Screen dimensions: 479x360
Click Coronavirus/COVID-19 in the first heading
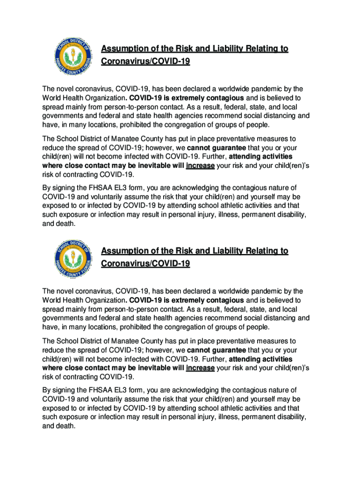click(145, 61)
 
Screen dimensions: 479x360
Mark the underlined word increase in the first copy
click(200, 166)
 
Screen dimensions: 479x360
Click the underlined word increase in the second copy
click(200, 368)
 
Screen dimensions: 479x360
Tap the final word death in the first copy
click(65, 224)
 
